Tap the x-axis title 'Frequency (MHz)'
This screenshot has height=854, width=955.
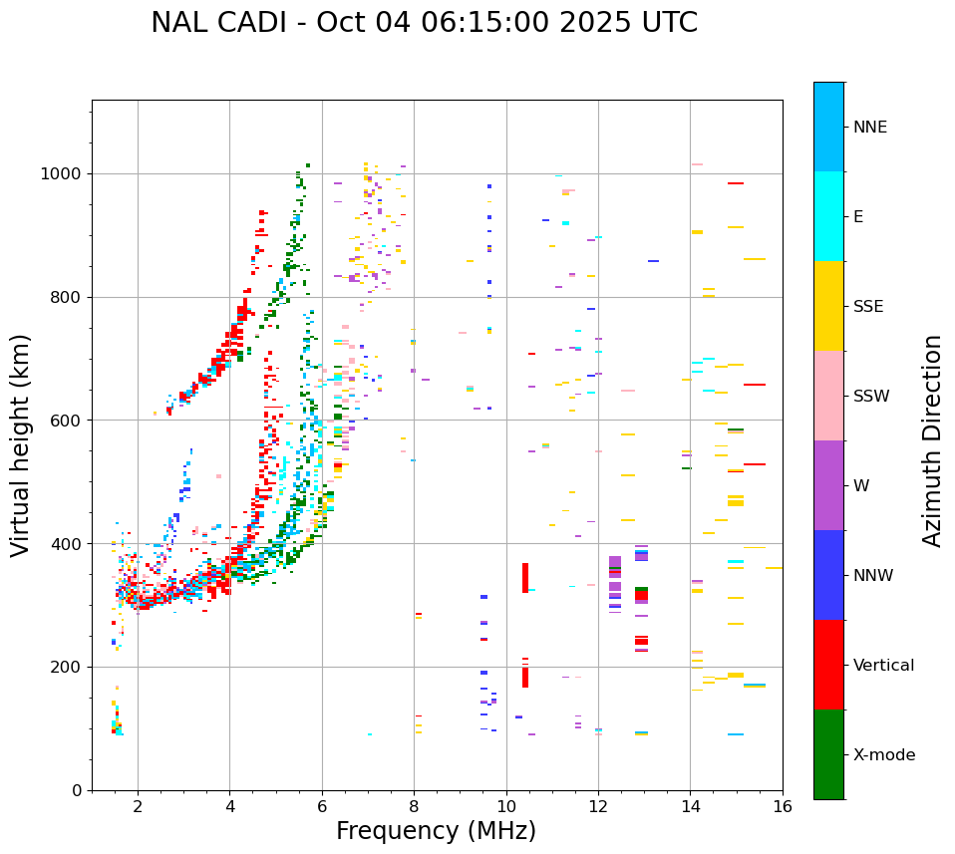(x=436, y=831)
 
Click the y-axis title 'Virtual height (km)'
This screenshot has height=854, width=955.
(x=21, y=445)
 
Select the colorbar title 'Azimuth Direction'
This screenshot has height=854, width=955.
(x=932, y=440)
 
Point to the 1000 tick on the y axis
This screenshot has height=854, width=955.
(x=62, y=174)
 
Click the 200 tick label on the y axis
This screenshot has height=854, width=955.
(x=67, y=668)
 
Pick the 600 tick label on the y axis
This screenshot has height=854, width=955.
(x=67, y=421)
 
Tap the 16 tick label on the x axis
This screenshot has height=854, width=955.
(x=783, y=806)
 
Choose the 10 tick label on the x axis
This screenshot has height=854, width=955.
(x=506, y=806)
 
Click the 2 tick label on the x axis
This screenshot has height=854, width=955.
(x=138, y=806)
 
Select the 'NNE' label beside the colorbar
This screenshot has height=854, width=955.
(x=869, y=128)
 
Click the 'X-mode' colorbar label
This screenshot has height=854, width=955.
(x=883, y=755)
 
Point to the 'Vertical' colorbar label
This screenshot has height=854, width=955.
(x=883, y=666)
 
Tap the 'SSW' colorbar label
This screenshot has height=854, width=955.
(x=871, y=397)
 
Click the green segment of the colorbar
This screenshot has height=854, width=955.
(x=828, y=754)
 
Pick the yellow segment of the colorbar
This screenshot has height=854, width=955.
(x=828, y=306)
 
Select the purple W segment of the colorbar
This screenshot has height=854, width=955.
(x=828, y=485)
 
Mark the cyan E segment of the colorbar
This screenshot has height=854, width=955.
(x=828, y=216)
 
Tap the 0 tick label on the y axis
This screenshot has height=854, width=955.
(x=78, y=790)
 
